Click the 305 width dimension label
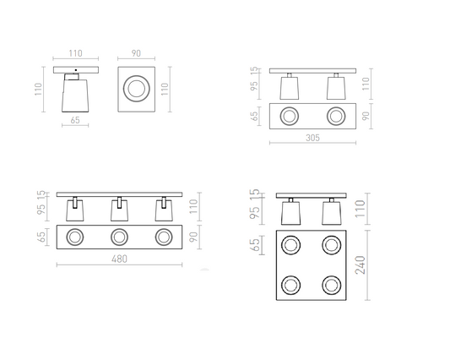pos(312,138)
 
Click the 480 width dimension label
pos(119,259)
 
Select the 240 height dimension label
pos(361,265)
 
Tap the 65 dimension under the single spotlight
pos(75,120)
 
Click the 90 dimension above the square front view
pos(136,53)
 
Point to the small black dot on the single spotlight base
pos(76,70)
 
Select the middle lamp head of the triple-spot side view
pos(119,210)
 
